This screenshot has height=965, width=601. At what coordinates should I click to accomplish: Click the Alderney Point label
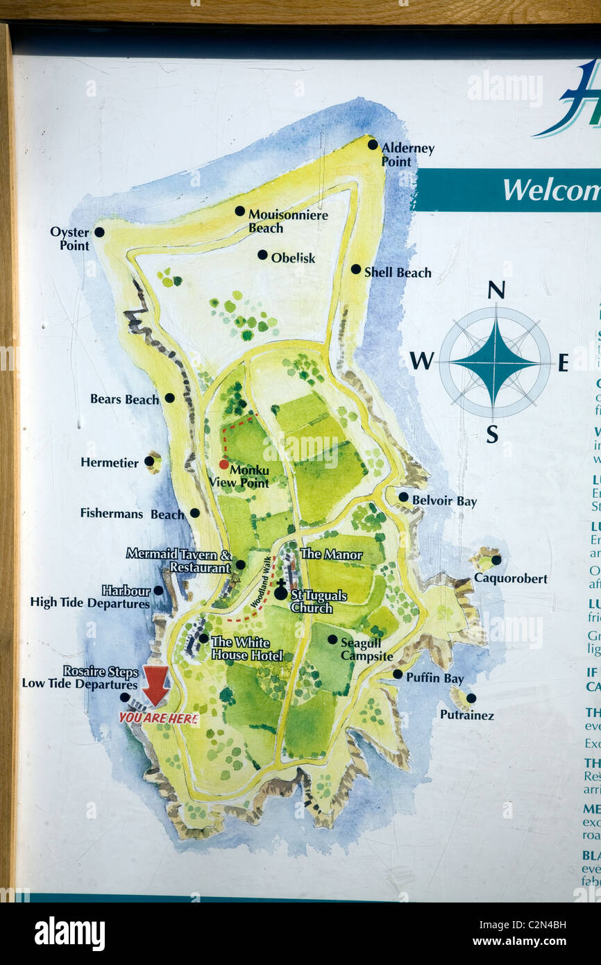tap(407, 155)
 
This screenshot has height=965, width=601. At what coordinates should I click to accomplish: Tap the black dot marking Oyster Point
tap(99, 232)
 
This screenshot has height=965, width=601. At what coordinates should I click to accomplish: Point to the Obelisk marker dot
tap(262, 255)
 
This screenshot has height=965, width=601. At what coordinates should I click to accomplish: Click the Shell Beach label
tap(398, 273)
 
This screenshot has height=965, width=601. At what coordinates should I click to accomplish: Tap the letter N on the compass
tap(496, 290)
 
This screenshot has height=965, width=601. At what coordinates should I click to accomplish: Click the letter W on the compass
tap(421, 361)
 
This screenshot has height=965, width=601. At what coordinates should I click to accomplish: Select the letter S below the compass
tap(492, 435)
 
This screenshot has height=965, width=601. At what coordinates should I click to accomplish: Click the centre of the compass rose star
tap(494, 362)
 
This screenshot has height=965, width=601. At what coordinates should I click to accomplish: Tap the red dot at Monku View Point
tap(223, 464)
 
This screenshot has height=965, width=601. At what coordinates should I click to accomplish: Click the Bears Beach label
tap(124, 399)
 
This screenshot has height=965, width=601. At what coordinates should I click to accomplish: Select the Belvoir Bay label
tap(444, 501)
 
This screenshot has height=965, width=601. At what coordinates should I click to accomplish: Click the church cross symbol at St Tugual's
tap(280, 591)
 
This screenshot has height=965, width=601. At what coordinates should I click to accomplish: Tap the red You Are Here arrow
tap(155, 684)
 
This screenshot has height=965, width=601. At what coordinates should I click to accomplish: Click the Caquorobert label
tap(510, 578)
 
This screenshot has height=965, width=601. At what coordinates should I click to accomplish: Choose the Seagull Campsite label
tap(366, 650)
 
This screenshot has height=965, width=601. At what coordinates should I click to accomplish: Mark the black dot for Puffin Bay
tap(397, 674)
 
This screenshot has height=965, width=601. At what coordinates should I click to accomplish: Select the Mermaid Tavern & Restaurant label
tap(178, 560)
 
